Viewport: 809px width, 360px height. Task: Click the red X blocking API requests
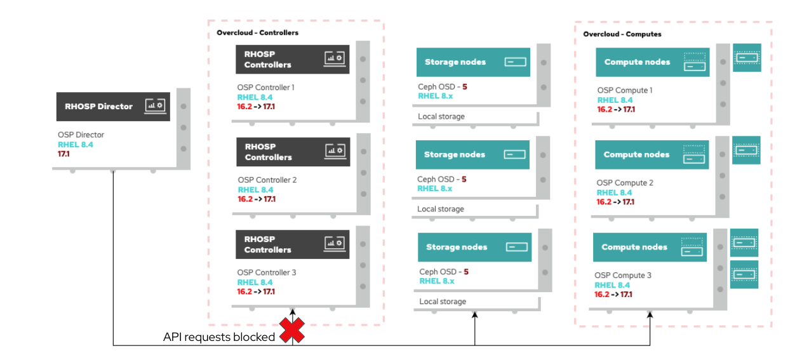(292, 330)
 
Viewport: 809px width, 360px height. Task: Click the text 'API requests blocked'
(219, 337)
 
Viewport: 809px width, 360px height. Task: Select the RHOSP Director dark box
(113, 106)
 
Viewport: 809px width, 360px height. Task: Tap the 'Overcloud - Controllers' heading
(257, 32)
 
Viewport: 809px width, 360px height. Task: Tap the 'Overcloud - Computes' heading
(622, 34)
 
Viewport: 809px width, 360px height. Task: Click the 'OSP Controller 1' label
(265, 87)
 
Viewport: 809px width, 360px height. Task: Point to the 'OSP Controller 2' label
(267, 180)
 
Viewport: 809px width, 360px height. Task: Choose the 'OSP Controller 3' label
(267, 272)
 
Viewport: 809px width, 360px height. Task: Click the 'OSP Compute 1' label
(624, 90)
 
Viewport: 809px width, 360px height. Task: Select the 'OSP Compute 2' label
(624, 183)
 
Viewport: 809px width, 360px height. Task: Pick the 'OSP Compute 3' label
(622, 276)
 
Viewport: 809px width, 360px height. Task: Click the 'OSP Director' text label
(81, 135)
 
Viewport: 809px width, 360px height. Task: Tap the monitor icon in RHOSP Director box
(155, 105)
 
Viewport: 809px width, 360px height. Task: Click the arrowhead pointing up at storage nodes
(475, 314)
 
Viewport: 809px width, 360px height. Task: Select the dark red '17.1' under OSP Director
(64, 154)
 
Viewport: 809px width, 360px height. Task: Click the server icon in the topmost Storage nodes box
(516, 62)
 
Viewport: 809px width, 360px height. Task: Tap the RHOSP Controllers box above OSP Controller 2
(293, 152)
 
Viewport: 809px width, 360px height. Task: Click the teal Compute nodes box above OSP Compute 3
(650, 247)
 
